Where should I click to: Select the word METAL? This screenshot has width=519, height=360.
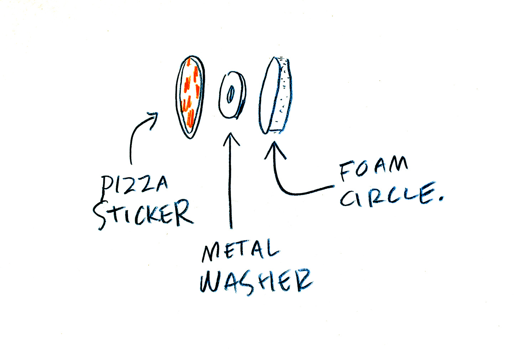pos(240,251)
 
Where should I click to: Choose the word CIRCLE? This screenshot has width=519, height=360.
pos(387,196)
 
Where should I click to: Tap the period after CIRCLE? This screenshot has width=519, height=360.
pos(442,198)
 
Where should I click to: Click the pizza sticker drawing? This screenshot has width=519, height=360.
pos(190,96)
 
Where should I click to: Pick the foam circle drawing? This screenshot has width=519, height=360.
pos(275,96)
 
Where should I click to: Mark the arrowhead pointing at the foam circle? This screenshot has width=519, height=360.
pos(274,148)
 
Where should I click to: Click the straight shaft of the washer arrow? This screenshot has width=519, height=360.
pos(231,186)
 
